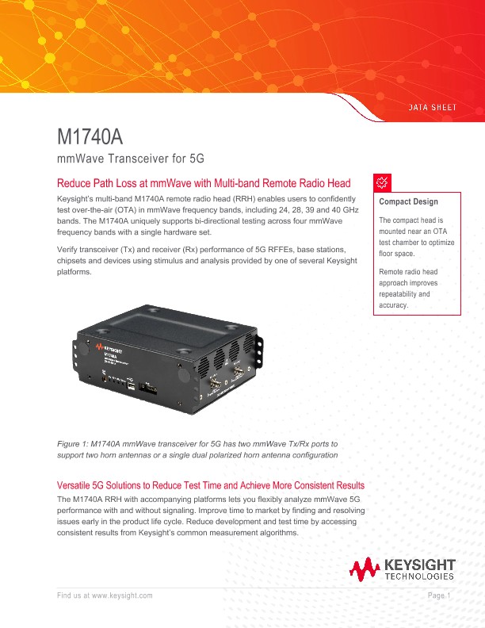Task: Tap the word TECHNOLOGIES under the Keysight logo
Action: pos(419,577)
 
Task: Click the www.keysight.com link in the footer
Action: pos(122,595)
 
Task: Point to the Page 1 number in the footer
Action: pos(439,595)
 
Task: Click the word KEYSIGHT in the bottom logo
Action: pos(419,565)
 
